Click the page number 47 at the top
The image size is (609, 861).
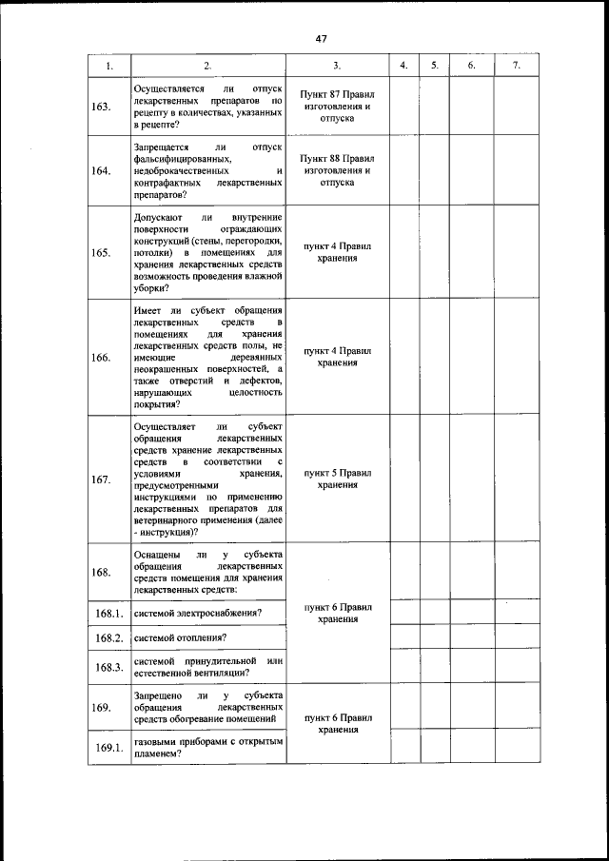[321, 39]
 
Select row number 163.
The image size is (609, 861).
[100, 106]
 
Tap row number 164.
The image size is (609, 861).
[100, 171]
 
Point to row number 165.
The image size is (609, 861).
[100, 253]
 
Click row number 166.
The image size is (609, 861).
[100, 358]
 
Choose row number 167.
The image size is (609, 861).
[100, 479]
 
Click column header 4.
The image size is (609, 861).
[403, 66]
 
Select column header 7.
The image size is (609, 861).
[516, 66]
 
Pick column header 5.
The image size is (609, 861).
[434, 66]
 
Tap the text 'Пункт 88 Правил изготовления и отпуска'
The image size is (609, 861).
[337, 169]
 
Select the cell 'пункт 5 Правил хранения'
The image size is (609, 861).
[337, 478]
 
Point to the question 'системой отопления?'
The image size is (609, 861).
[180, 636]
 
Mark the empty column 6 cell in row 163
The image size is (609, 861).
[471, 106]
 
